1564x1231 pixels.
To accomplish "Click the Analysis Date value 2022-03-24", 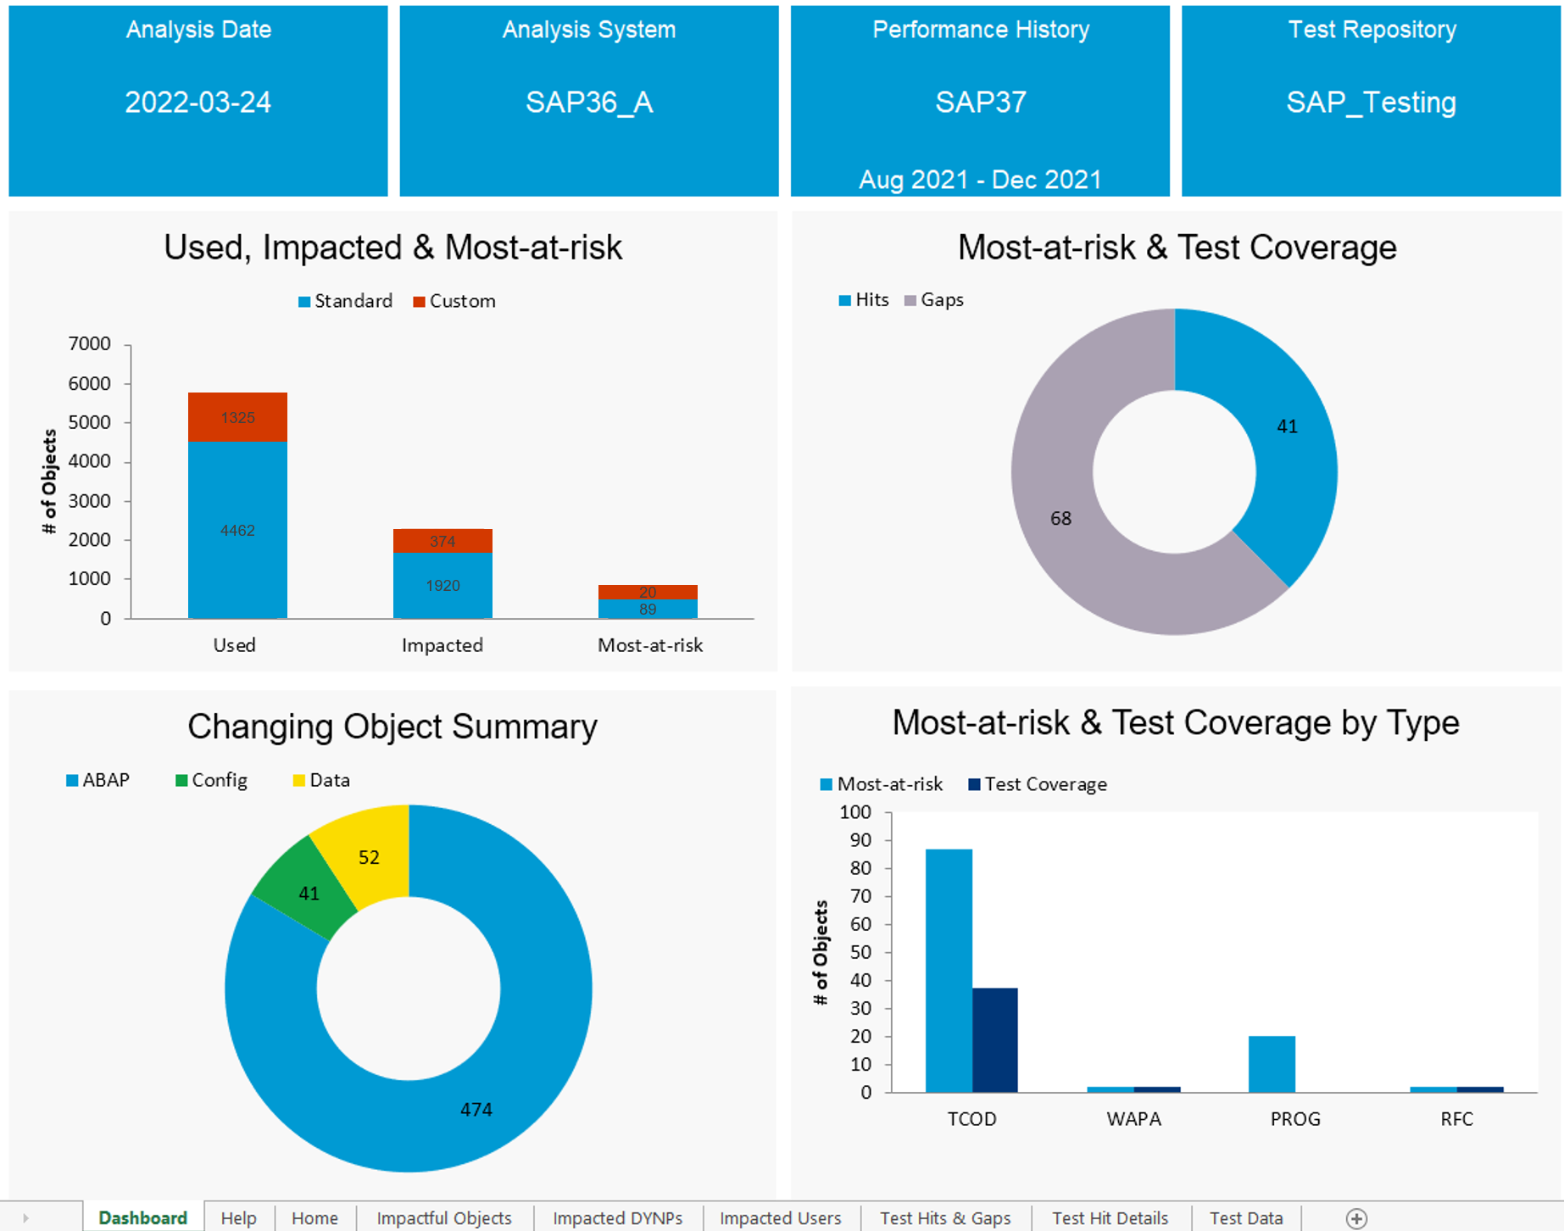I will [198, 103].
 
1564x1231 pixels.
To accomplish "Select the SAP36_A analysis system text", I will [589, 103].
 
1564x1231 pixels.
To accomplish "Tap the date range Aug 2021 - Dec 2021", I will [980, 180].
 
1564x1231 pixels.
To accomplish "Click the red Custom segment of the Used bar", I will [237, 417].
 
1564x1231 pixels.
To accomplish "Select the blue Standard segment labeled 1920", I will [442, 585].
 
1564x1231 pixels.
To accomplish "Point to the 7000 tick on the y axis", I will [90, 343].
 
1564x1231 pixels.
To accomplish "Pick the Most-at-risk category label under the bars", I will [650, 645].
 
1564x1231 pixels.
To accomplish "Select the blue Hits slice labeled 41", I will [1287, 426].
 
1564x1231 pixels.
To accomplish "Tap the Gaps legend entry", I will [934, 300].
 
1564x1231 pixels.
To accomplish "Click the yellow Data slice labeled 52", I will [368, 856].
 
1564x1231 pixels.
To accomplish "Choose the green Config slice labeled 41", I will [309, 893].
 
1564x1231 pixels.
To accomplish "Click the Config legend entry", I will [212, 780].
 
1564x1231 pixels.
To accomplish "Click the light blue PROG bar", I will [1272, 1064].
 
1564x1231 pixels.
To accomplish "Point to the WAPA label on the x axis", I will [1133, 1119].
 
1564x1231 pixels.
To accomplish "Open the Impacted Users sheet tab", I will [780, 1218].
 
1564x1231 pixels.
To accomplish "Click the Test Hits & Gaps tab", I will [945, 1218].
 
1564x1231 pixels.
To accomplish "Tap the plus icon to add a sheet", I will [1356, 1218].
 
